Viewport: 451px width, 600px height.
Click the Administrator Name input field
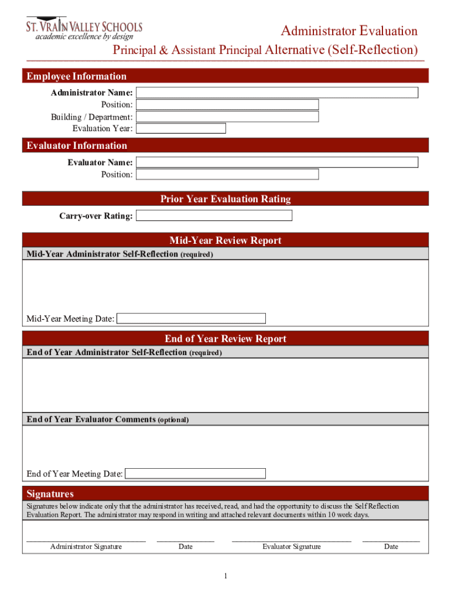coord(277,93)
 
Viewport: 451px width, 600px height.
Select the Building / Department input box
coord(227,117)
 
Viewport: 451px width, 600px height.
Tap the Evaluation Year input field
coord(181,128)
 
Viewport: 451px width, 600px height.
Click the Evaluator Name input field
coord(277,162)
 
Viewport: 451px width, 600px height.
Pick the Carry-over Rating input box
coord(214,216)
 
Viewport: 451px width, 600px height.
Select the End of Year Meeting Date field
coord(196,473)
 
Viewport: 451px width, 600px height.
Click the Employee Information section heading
coord(76,76)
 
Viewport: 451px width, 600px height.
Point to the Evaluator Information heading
coord(77,145)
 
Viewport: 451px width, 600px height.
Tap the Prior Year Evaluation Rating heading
coord(225,199)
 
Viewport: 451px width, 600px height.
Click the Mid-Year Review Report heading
coord(225,240)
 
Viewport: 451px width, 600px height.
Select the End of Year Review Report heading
coord(225,339)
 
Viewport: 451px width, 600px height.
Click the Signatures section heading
coord(50,493)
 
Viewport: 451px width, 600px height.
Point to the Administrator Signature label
coord(86,547)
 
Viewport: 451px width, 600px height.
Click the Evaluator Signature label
coord(292,547)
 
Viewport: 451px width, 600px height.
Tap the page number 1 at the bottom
coord(225,577)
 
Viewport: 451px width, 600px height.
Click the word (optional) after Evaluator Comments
coord(173,420)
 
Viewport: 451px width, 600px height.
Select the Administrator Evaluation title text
coord(349,31)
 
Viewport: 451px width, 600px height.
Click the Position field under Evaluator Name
coord(227,174)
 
